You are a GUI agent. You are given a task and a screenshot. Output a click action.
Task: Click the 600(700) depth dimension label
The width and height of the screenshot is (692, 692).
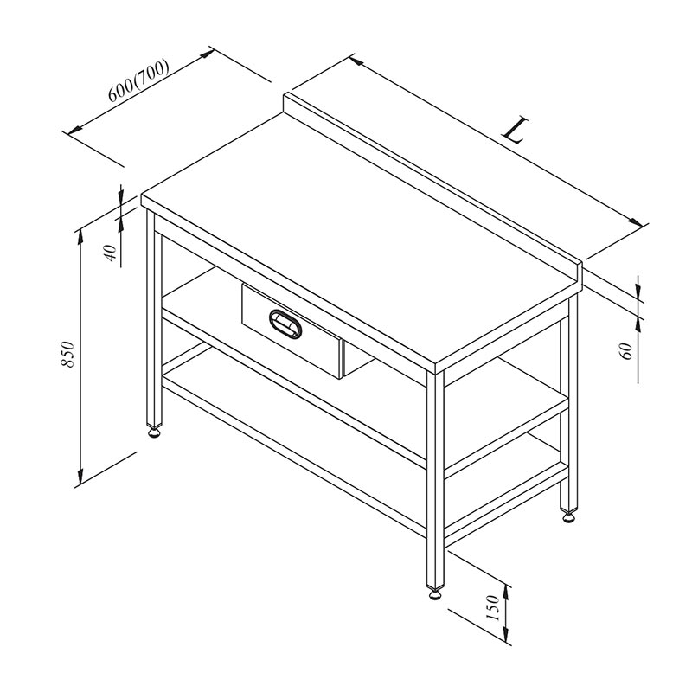tap(138, 80)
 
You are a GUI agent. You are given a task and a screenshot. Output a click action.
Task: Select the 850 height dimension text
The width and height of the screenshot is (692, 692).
tap(68, 354)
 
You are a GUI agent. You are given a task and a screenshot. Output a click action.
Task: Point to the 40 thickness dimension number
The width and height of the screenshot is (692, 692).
tap(112, 253)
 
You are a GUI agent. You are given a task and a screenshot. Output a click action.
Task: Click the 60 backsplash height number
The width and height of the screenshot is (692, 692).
tap(627, 351)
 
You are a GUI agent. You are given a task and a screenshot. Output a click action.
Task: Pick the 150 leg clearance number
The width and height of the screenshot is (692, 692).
tap(492, 608)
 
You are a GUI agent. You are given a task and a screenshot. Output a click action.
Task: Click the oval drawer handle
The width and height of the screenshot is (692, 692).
tap(285, 324)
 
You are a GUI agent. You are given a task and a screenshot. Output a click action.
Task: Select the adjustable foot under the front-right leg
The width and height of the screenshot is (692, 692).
tap(435, 593)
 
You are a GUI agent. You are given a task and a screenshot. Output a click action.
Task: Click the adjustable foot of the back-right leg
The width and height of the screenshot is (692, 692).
tap(569, 515)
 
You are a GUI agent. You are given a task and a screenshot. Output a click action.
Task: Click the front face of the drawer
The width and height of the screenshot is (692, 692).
tap(292, 331)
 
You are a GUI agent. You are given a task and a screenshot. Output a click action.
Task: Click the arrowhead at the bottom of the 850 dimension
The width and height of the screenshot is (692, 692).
tap(80, 476)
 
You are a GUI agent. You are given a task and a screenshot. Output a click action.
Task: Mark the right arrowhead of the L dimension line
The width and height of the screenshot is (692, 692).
tap(635, 221)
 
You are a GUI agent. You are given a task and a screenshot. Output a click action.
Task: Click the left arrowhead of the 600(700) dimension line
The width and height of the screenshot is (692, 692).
tap(74, 130)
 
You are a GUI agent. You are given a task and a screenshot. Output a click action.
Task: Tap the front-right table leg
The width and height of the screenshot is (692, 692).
tap(435, 479)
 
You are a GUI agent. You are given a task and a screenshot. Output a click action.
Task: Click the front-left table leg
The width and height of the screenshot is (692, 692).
tap(154, 317)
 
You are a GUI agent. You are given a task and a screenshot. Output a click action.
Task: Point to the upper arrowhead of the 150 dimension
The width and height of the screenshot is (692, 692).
tap(507, 594)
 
